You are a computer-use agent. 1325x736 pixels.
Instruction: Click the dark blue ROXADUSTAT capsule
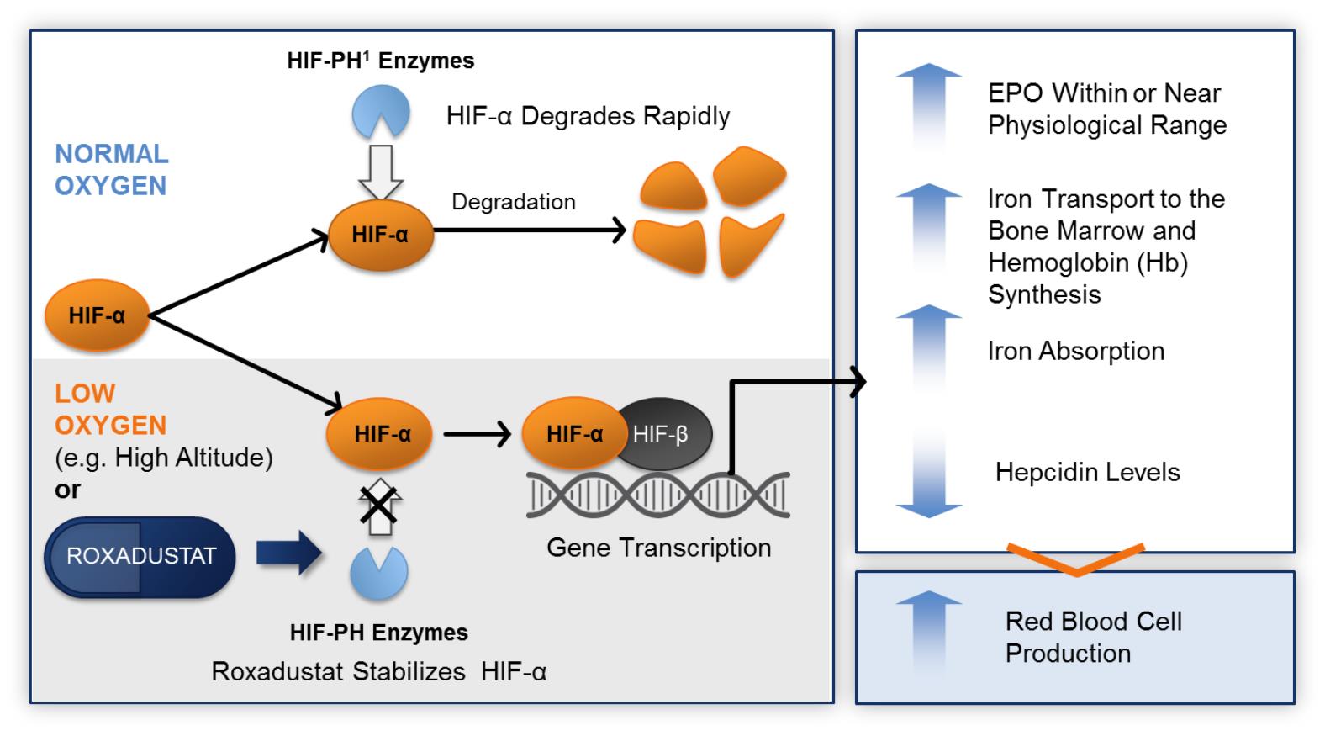coord(140,557)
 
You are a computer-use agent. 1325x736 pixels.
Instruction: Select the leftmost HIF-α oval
coord(97,315)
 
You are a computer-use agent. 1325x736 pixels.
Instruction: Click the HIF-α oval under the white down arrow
coord(380,235)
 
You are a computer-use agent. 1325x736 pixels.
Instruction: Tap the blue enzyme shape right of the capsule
coord(379,573)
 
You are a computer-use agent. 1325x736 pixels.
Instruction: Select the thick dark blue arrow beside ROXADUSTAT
coord(288,554)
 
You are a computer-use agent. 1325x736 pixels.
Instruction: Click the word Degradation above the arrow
coord(514,202)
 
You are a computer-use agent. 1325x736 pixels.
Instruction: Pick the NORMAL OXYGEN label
coord(112,170)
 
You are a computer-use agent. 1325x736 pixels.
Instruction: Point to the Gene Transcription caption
coord(658,548)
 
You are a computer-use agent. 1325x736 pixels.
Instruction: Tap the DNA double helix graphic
coord(658,495)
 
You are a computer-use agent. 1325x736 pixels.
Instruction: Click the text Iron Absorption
coord(1075,351)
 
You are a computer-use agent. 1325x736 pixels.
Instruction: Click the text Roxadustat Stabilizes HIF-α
coord(379,671)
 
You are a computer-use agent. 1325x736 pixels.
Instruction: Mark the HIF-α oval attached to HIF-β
coord(573,434)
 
